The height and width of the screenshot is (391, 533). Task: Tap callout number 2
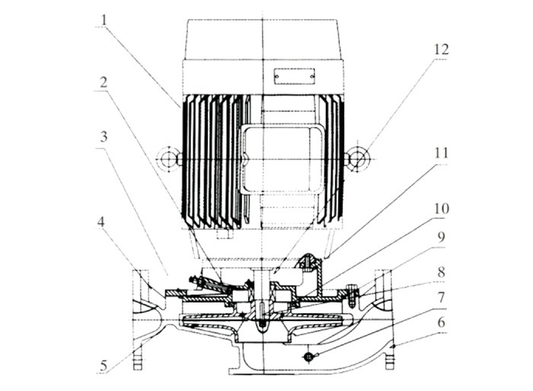click(x=104, y=82)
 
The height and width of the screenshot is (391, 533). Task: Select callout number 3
click(x=104, y=136)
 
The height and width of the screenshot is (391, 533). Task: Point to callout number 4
click(x=101, y=223)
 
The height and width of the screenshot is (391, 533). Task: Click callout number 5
click(x=104, y=366)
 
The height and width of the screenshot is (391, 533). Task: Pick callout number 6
click(x=441, y=322)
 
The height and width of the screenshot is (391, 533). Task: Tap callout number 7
click(x=441, y=297)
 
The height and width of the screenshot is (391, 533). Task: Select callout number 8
click(x=441, y=272)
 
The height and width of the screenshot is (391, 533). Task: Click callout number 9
click(x=441, y=237)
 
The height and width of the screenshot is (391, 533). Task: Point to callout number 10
click(x=441, y=208)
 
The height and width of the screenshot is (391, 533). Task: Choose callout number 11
click(x=441, y=153)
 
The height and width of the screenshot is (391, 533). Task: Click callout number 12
click(x=441, y=50)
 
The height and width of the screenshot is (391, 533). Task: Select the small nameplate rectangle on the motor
click(x=295, y=76)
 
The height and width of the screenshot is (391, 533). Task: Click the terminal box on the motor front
click(x=282, y=159)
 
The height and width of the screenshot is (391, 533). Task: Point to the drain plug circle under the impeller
click(x=308, y=356)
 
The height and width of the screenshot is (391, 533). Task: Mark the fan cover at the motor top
click(x=263, y=40)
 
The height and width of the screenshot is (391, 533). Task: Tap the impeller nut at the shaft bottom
click(x=262, y=327)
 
